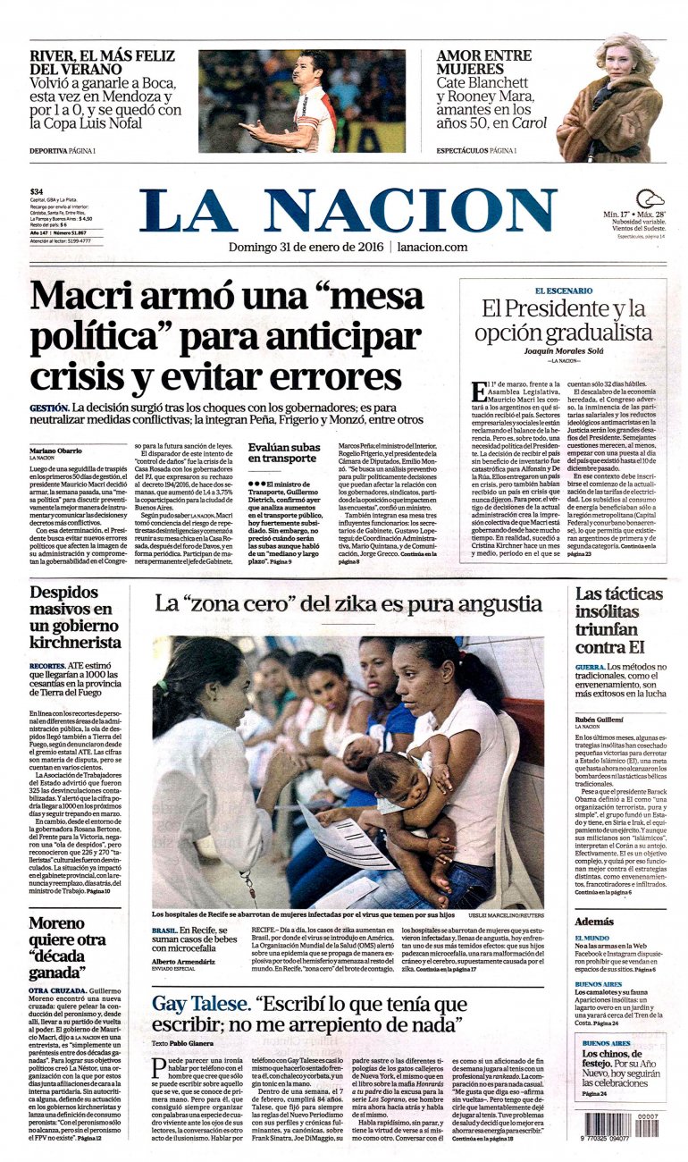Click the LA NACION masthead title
tap(348, 210)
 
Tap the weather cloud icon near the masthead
tap(650, 199)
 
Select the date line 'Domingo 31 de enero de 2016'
tap(306, 247)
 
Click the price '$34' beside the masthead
tap(37, 191)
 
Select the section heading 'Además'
tap(594, 920)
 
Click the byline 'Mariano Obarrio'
tap(55, 450)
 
